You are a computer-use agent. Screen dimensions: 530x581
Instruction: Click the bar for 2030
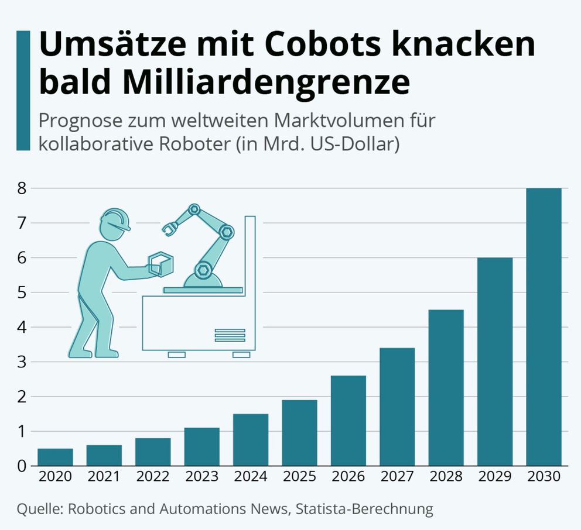point(544,327)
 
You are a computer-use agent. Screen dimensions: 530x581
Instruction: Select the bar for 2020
point(55,457)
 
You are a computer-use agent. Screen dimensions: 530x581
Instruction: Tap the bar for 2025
point(299,433)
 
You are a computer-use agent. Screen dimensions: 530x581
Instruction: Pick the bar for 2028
point(446,387)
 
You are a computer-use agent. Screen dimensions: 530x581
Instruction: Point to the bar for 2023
point(201,446)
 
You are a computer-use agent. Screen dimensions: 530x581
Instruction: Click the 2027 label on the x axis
point(397,476)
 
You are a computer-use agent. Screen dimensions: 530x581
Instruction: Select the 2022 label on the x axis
point(153,476)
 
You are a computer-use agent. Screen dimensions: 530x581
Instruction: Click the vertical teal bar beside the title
point(23,91)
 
